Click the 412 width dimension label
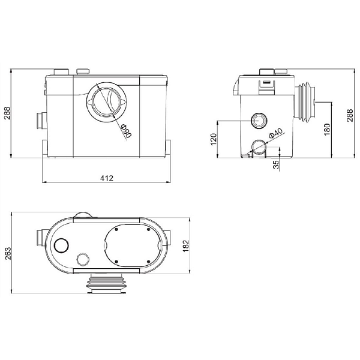(x=107, y=178)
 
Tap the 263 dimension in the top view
(x=8, y=253)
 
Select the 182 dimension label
(x=185, y=245)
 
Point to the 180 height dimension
(x=327, y=130)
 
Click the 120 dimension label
(x=214, y=139)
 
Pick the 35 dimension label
(x=276, y=164)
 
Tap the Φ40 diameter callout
(x=275, y=133)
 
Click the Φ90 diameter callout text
(x=126, y=131)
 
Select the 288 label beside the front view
(x=7, y=113)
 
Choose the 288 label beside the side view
(x=350, y=115)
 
